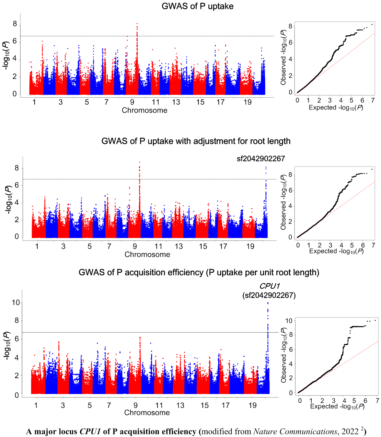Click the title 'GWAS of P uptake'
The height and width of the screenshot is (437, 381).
point(197,6)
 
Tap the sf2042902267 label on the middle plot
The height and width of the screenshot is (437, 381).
point(261,159)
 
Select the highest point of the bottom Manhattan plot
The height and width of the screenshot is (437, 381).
point(268,303)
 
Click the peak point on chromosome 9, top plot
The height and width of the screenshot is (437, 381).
point(137,24)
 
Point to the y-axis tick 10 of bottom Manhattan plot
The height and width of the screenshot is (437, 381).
point(15,302)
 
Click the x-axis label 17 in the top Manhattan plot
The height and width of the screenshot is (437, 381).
point(220,102)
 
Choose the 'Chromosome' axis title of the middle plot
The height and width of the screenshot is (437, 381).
point(147,254)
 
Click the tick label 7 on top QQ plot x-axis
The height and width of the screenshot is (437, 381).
point(372,100)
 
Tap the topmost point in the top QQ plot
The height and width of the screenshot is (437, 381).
point(372,24)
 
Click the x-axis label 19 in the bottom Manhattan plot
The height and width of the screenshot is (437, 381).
point(252,405)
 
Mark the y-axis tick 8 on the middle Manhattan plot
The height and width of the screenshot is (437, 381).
point(16,168)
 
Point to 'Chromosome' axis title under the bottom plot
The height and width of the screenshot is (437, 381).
point(147,413)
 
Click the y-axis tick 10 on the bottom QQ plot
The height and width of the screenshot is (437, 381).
point(289,321)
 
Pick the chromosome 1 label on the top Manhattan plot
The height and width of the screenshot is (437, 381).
point(34,102)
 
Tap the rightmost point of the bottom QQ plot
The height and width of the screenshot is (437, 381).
point(375,320)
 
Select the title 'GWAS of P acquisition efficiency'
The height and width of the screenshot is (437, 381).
point(199,273)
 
